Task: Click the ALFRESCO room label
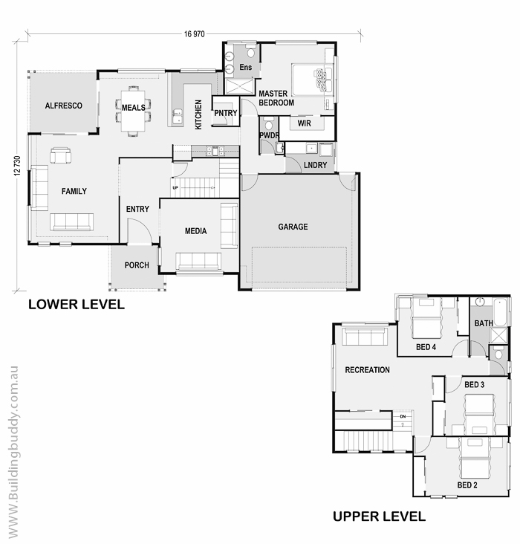[x=63, y=106]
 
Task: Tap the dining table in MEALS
[x=133, y=111]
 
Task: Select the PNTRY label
[x=226, y=113]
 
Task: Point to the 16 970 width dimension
[x=195, y=34]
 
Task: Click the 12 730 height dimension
[x=17, y=166]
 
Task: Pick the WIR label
[x=305, y=123]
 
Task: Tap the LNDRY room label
[x=315, y=165]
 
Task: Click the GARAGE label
[x=293, y=227]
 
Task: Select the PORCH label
[x=137, y=265]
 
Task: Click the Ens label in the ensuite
[x=246, y=67]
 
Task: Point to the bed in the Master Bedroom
[x=312, y=80]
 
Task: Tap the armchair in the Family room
[x=60, y=155]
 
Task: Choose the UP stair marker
[x=175, y=188]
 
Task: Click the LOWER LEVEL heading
[x=77, y=304]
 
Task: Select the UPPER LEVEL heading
[x=379, y=517]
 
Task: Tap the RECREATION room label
[x=368, y=370]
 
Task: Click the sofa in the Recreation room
[x=365, y=337]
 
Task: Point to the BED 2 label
[x=467, y=485]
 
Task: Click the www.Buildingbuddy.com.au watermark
[x=13, y=452]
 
